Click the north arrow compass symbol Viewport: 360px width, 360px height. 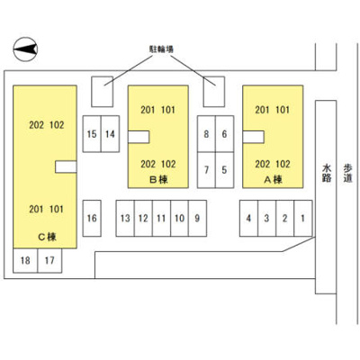[25, 49]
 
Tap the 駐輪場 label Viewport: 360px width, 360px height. [161, 49]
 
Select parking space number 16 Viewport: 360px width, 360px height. [92, 218]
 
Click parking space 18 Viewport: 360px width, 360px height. [25, 260]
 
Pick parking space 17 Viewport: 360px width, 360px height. [49, 260]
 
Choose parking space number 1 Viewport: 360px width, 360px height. [303, 218]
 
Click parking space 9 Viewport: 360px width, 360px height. [197, 218]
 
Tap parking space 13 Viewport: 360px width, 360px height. [125, 218]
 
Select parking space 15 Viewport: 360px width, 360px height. [92, 134]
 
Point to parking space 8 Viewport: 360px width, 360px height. [206, 134]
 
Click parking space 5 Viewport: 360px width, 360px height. [224, 170]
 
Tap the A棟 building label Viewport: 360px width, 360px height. [273, 180]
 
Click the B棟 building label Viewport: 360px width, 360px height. [158, 180]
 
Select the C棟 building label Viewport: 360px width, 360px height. [47, 237]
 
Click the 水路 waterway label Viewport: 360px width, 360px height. [327, 173]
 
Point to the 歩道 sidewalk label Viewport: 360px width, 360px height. [347, 173]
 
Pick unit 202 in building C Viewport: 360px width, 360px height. [36, 125]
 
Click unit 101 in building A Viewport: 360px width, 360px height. [283, 110]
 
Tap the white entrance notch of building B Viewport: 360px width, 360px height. [139, 137]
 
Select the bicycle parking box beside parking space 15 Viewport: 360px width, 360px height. [103, 92]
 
